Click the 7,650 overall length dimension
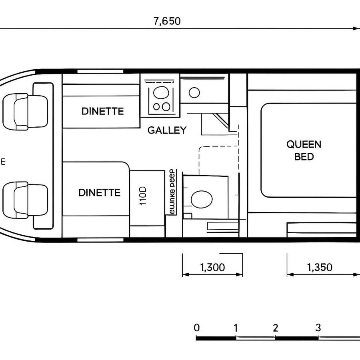[x=167, y=21]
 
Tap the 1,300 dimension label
[x=212, y=267]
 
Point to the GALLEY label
[x=167, y=130]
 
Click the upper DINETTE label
[x=102, y=111]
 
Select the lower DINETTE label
[x=99, y=193]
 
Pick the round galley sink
[x=194, y=93]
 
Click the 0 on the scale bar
[x=196, y=328]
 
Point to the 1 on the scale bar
[x=236, y=328]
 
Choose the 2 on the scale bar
[x=275, y=328]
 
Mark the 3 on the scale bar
[x=318, y=328]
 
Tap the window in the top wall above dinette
[x=100, y=72]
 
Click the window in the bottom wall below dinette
[x=100, y=240]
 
